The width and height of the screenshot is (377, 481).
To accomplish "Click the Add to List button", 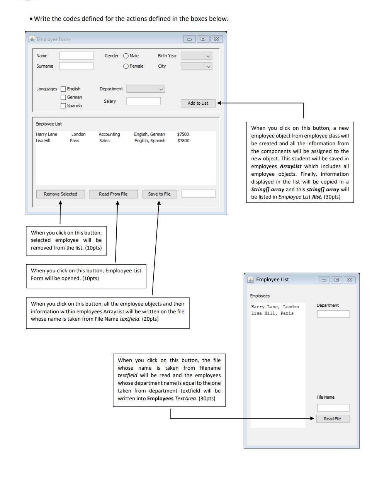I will pos(198,103).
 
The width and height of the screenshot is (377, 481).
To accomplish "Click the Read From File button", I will pos(113,194).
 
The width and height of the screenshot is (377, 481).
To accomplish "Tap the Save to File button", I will pos(159,194).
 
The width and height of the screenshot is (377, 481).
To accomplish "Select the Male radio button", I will pos(126,56).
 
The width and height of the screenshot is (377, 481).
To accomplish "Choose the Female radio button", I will pos(126,66).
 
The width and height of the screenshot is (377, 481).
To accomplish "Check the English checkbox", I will pos(63,89).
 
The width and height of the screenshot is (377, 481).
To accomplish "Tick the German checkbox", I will pos(63,97).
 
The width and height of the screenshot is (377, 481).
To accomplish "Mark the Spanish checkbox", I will pos(63,106).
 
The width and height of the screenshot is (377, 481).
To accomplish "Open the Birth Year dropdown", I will pos(197,56).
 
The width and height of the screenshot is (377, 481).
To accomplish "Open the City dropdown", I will pos(197,66).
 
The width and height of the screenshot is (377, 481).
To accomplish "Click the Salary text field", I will pos(143,101).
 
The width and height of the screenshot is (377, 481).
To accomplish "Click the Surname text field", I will pos(76,66).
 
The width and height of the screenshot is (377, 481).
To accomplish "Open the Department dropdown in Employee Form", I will pos(146,89).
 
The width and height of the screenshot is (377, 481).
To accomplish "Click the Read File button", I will pos(333,419).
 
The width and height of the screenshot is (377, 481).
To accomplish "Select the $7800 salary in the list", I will pos(183,141).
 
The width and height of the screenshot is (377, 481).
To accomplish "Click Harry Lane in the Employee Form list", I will pos(46,134).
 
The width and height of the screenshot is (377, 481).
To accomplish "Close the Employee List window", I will pos(350,280).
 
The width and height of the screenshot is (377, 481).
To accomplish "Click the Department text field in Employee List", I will pos(333,314).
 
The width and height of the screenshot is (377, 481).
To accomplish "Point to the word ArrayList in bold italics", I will pos(290,167).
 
